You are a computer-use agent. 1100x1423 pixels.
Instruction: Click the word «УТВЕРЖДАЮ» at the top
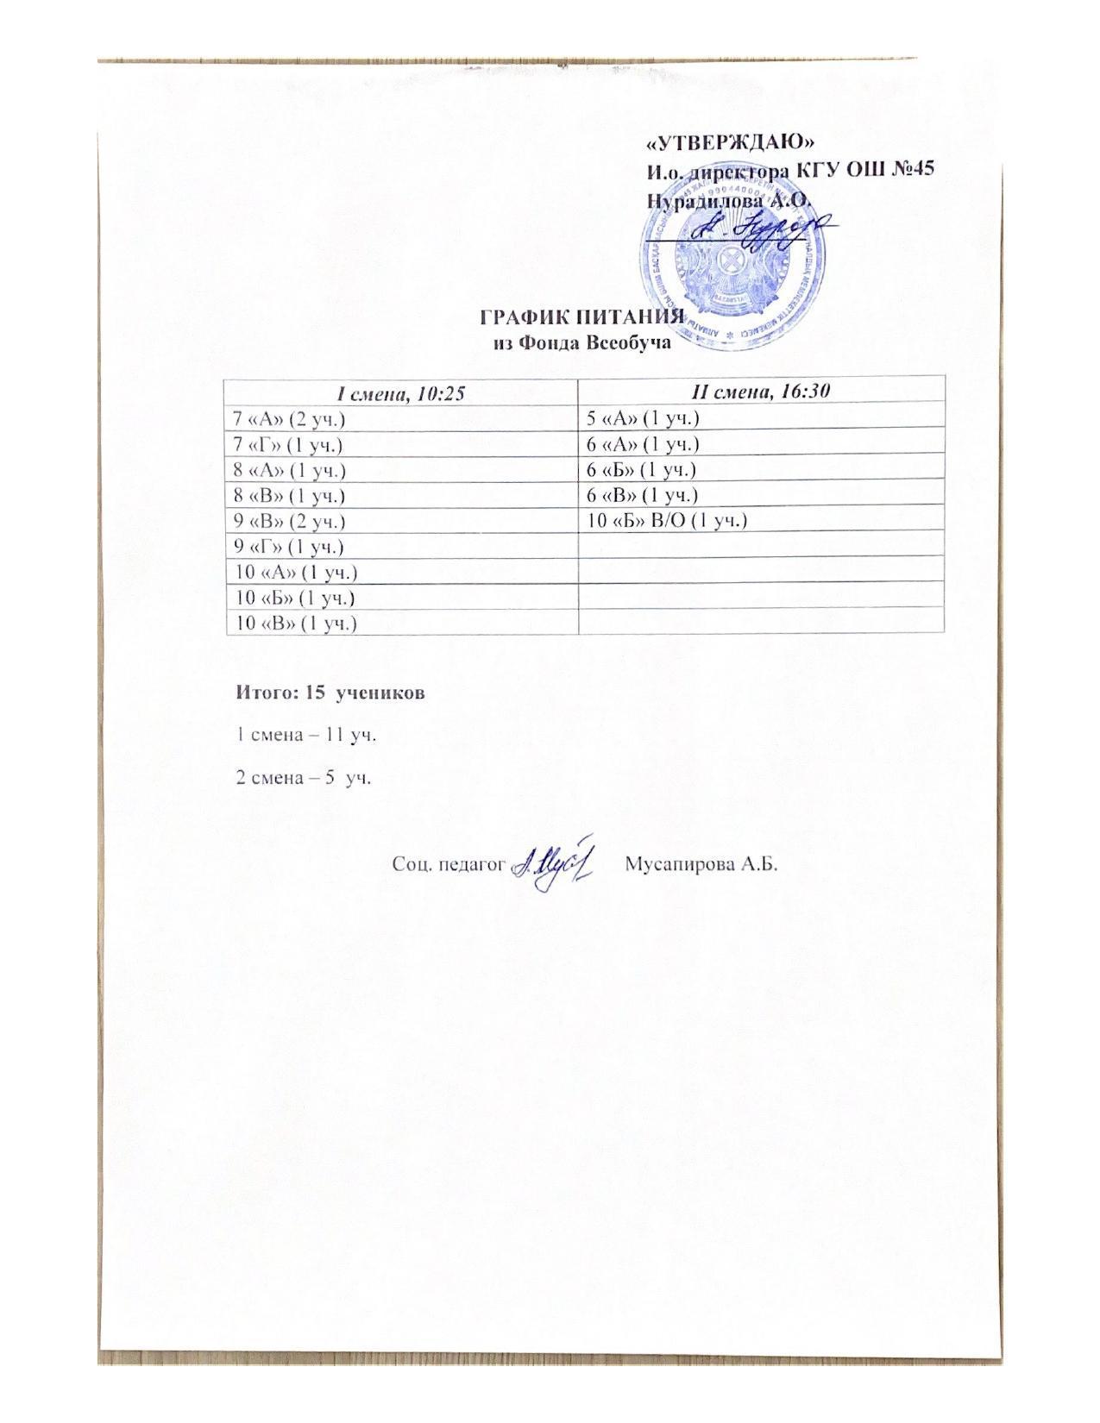coord(731,141)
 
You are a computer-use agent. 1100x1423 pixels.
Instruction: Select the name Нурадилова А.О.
coord(729,198)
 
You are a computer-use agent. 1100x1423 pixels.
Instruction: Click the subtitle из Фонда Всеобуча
coord(582,342)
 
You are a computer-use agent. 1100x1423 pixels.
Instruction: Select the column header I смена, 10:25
coord(401,392)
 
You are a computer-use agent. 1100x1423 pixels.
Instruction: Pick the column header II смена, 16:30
coord(762,392)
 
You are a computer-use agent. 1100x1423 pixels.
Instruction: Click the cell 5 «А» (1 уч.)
coord(642,419)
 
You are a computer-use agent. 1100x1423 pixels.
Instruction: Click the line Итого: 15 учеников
coord(330,693)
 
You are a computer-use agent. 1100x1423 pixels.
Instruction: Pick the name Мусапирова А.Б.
coord(700,864)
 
